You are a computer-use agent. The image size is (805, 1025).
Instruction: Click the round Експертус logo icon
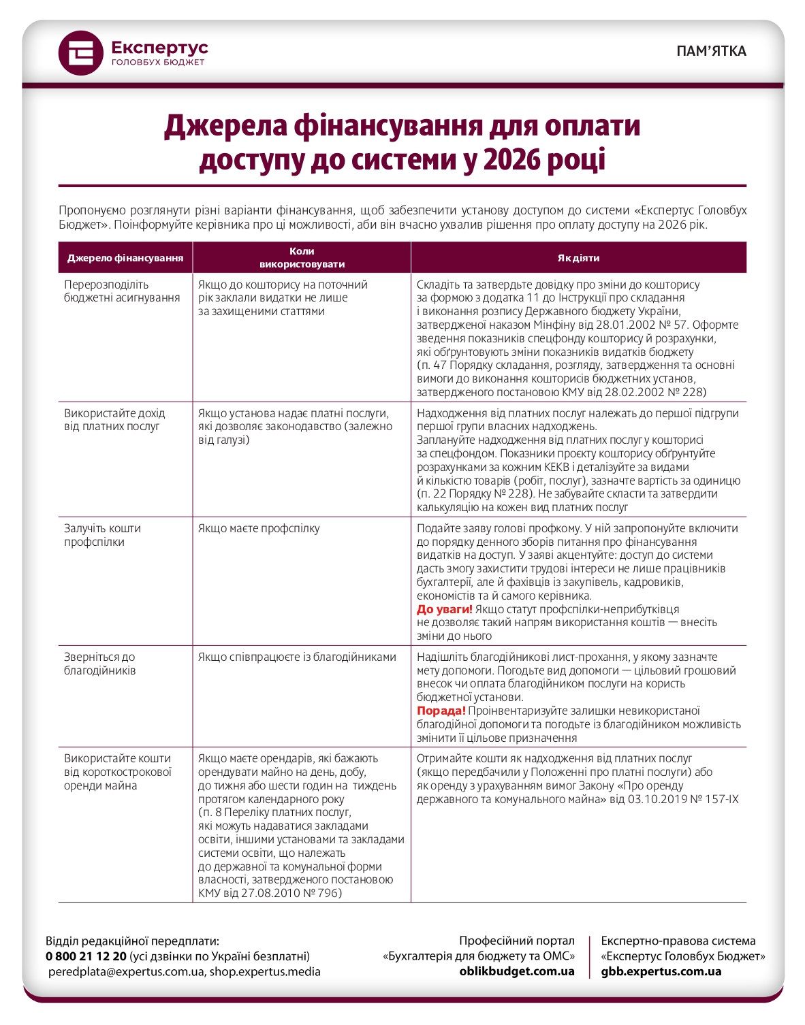click(81, 53)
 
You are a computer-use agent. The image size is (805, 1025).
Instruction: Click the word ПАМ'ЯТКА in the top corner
click(711, 51)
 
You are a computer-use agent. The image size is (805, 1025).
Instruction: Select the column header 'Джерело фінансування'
click(125, 258)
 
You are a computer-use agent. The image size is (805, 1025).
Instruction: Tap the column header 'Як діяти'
click(578, 258)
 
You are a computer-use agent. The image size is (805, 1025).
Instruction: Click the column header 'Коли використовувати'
click(302, 258)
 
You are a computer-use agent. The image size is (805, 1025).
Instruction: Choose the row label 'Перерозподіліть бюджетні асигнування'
click(122, 291)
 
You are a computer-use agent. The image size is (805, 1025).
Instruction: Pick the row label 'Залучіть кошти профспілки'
click(102, 535)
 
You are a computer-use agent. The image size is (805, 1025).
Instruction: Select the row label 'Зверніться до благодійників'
click(100, 664)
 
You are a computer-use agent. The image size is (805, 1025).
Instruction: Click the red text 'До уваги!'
click(444, 609)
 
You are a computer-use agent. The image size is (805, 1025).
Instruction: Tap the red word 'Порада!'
click(441, 711)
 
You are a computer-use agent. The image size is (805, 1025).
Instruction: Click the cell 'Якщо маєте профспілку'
click(259, 529)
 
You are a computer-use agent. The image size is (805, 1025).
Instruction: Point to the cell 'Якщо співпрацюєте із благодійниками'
click(297, 657)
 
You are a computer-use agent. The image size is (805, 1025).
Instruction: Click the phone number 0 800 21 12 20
click(86, 956)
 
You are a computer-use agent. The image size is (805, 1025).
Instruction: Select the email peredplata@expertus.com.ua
click(126, 972)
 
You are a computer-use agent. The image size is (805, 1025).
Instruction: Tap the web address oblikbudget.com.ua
click(517, 971)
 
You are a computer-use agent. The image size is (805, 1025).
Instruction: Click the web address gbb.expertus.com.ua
click(661, 971)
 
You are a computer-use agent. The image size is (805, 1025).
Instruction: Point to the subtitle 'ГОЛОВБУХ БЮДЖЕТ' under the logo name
click(157, 63)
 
